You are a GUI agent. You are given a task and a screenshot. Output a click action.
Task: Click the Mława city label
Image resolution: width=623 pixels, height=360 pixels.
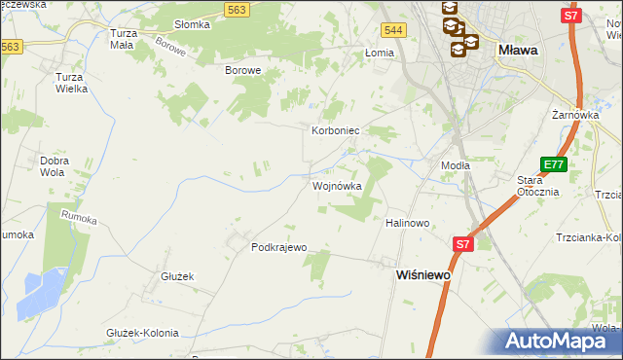tap(519, 50)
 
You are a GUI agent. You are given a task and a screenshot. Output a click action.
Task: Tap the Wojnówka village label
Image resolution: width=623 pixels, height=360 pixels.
tap(337, 186)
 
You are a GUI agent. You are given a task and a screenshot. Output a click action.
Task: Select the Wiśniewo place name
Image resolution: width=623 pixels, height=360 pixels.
tap(423, 275)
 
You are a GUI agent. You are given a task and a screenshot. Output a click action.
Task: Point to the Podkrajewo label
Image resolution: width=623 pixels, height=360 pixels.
tap(279, 247)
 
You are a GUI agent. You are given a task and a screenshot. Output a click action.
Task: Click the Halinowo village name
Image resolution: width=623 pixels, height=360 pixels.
tap(407, 223)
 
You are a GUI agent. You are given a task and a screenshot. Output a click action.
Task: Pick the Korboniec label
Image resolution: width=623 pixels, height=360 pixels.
tap(336, 129)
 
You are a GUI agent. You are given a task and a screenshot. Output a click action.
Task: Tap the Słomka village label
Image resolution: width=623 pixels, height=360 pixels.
tap(192, 24)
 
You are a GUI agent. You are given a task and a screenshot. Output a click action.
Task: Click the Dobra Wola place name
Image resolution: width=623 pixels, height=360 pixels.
tap(53, 166)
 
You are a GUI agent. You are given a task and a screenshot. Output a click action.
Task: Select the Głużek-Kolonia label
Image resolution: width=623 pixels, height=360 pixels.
tap(142, 333)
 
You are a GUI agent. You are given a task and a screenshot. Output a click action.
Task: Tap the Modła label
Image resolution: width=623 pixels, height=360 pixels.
tap(456, 165)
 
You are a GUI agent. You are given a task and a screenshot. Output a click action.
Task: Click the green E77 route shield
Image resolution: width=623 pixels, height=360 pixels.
tap(554, 165)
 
